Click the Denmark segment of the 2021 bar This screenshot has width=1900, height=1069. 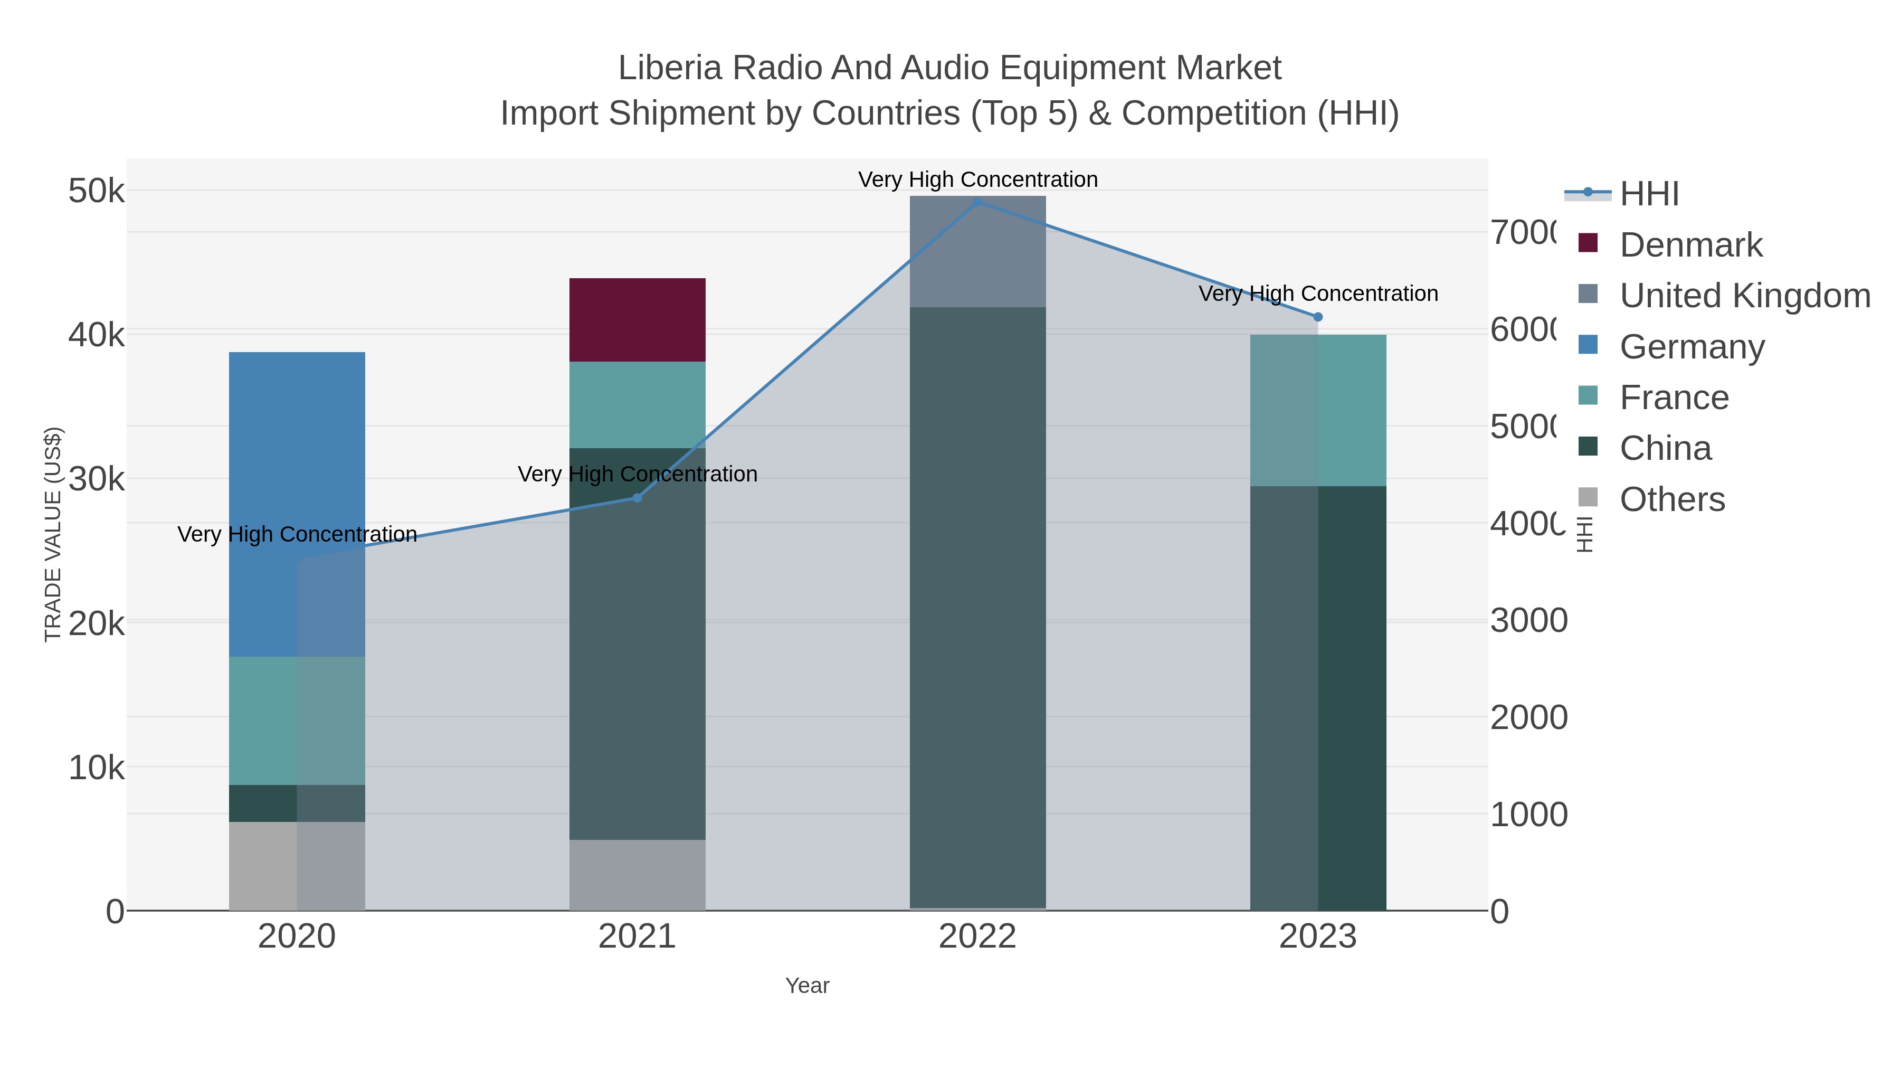637,319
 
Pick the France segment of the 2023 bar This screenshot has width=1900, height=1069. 1318,410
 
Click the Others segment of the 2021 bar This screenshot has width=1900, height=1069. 637,875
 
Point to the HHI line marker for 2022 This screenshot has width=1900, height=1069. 978,202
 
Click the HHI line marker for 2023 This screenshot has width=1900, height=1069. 1318,317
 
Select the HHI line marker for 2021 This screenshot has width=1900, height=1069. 637,498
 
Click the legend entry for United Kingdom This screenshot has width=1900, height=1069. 1744,295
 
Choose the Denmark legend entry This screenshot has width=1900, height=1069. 1690,244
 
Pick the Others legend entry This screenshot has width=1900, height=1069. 1671,499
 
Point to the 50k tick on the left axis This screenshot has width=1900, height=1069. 96,191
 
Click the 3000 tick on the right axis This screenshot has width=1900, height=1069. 1528,620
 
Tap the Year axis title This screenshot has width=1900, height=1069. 807,986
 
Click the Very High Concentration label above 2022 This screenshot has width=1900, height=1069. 977,179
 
